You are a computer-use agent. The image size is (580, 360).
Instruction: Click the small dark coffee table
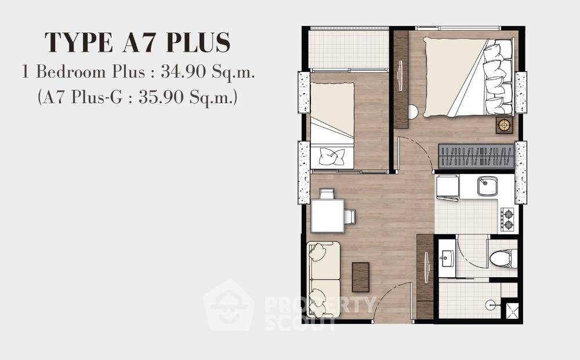pyautogui.click(x=360, y=277)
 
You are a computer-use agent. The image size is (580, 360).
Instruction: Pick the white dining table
pyautogui.click(x=327, y=215)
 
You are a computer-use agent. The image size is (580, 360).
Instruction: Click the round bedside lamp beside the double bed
pyautogui.click(x=504, y=125)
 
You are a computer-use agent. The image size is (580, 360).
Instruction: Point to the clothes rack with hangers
pyautogui.click(x=476, y=155)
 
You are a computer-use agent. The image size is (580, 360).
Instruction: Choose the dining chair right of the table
pyautogui.click(x=350, y=216)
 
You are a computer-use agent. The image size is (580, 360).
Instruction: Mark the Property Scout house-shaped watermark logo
pyautogui.click(x=229, y=306)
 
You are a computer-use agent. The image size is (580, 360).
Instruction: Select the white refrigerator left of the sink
pyautogui.click(x=447, y=187)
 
